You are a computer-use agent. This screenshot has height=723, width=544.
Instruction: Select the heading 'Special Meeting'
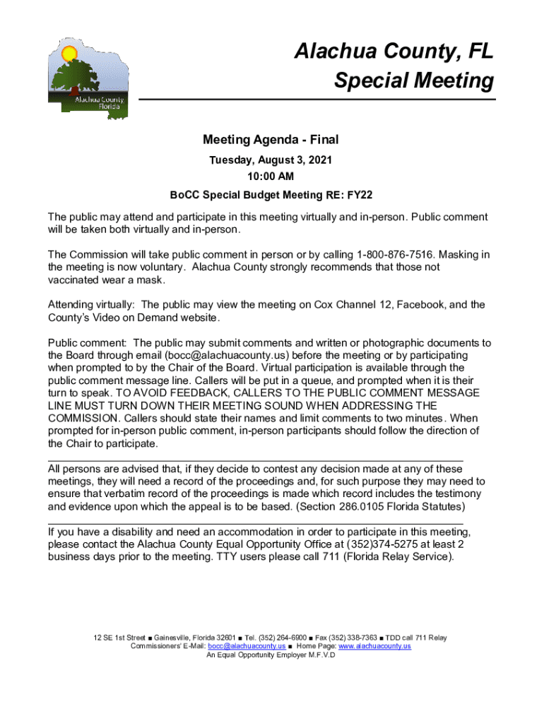point(414,81)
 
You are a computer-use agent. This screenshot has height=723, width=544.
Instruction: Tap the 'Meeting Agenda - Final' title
point(271,140)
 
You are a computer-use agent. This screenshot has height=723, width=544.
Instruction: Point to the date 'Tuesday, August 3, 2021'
point(271,160)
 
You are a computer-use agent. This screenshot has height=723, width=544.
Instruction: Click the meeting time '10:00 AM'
point(271,176)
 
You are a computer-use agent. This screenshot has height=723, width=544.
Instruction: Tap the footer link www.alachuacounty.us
point(374,646)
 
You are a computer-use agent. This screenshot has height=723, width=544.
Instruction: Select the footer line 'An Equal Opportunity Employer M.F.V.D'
point(271,655)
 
